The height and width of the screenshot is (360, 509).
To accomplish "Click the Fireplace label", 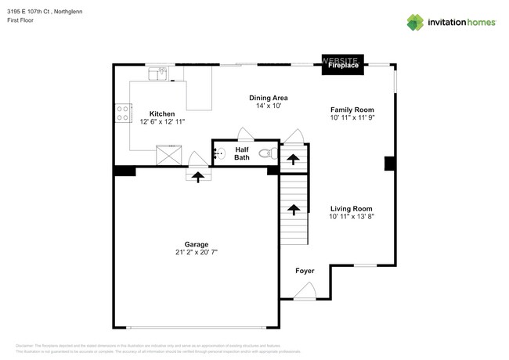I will coord(343,67).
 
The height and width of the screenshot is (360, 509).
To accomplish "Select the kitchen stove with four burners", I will coord(122,113).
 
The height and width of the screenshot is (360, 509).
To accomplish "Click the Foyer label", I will coord(305,271).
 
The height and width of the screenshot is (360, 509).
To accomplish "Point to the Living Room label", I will coord(351,208).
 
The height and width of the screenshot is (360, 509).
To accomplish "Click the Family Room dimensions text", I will coord(352,118).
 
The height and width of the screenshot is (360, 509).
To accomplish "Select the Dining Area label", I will coord(269,97).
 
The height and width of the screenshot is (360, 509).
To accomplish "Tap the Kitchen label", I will coord(162,113).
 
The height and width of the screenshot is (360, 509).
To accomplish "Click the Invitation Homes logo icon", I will coord(415,23).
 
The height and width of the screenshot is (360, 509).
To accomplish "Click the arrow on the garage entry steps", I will coord(198,177).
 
